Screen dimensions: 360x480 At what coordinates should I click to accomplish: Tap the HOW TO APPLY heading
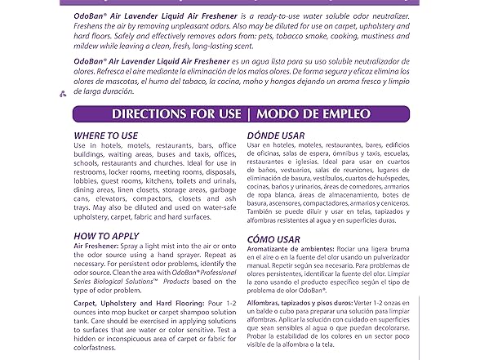106,236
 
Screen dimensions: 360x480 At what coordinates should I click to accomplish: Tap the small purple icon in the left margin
63,94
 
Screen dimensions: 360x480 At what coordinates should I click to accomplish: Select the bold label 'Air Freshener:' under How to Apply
101,247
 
